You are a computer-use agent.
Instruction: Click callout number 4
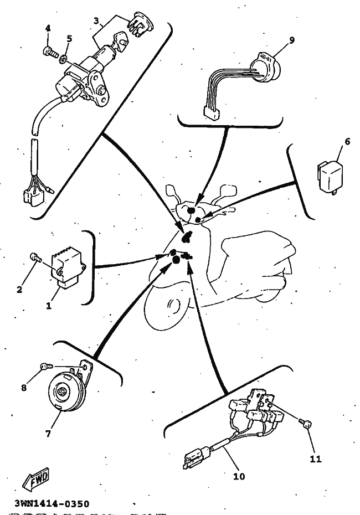click(48, 28)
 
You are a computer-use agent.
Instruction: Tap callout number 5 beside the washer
click(69, 39)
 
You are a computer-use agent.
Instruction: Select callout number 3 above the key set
click(96, 22)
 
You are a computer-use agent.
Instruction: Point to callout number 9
click(292, 39)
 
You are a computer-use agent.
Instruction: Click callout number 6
click(347, 142)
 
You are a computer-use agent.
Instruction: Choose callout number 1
click(49, 305)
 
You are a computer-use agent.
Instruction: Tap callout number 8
click(24, 388)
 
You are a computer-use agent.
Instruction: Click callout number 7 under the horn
click(48, 434)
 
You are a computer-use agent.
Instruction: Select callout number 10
click(240, 475)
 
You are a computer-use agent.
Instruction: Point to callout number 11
click(315, 459)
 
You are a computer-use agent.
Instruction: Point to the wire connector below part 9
click(211, 114)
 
